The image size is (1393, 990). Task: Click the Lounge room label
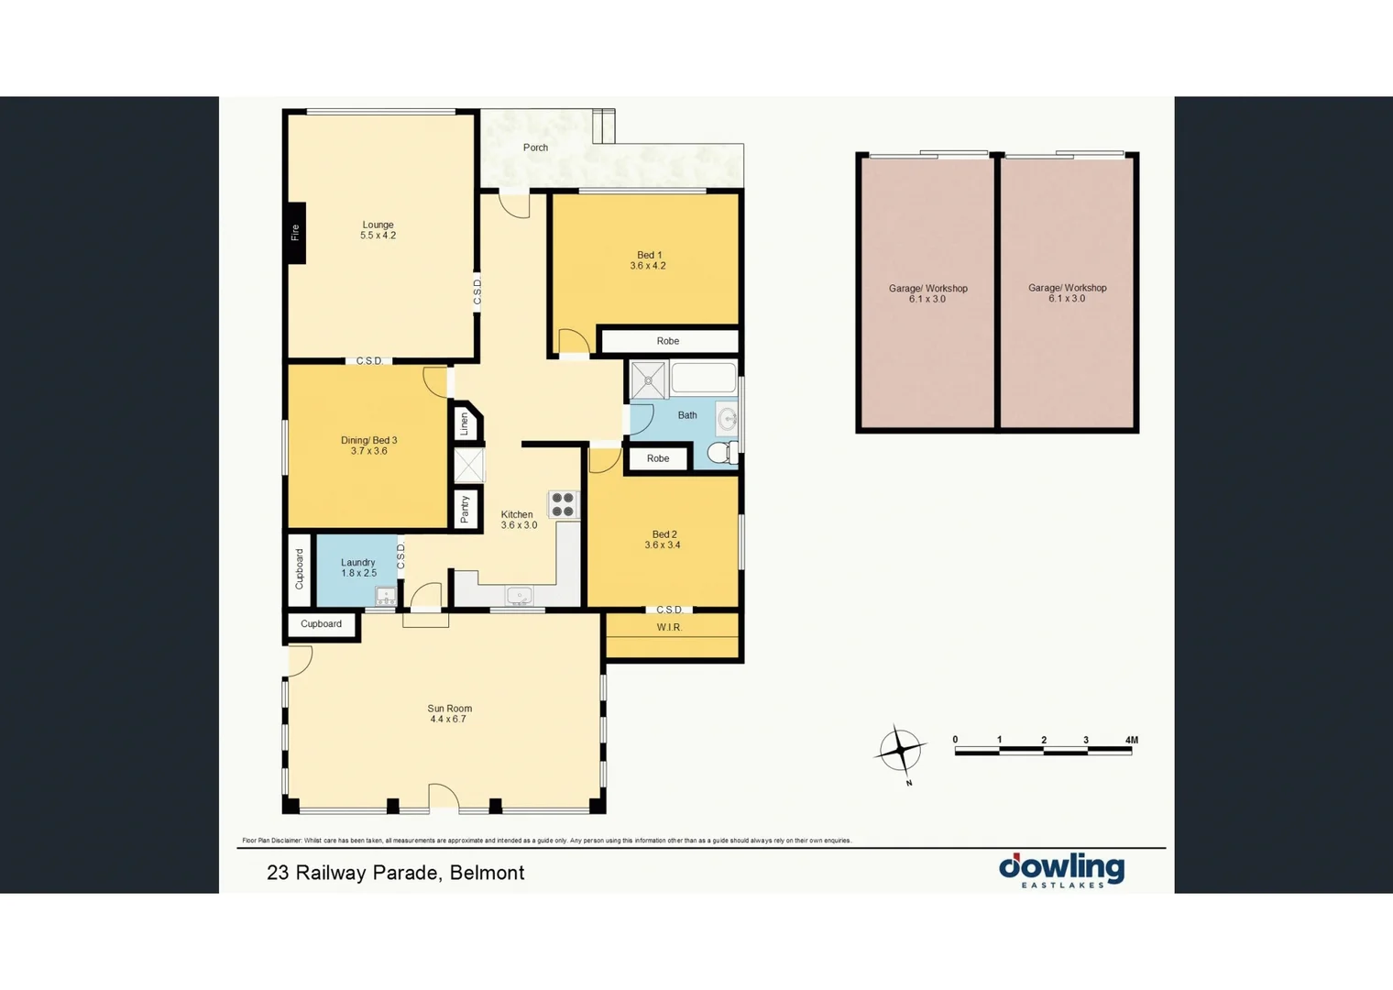click(378, 225)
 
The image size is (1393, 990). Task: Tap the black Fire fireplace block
click(295, 232)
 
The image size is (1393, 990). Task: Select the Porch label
click(535, 148)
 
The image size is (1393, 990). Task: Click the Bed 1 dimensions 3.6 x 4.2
click(648, 266)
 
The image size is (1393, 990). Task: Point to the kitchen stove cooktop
click(563, 505)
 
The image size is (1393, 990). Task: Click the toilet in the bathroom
click(721, 453)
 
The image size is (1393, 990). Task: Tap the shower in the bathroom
click(648, 380)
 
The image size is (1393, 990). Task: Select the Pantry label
click(466, 509)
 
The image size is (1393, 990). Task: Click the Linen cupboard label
click(465, 423)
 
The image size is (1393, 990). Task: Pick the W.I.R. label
click(669, 627)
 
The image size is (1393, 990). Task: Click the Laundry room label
click(357, 563)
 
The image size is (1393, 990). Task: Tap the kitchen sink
click(519, 596)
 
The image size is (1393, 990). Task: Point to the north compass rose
click(901, 751)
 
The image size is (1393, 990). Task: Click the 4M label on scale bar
click(1131, 740)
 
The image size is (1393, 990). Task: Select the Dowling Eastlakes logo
click(1061, 870)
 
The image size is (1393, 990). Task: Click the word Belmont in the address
click(487, 873)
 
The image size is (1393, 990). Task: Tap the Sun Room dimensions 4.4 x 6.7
click(448, 720)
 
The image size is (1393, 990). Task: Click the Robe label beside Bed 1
click(667, 341)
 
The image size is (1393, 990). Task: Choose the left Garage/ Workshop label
click(927, 288)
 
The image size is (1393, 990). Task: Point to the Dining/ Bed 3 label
click(368, 440)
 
